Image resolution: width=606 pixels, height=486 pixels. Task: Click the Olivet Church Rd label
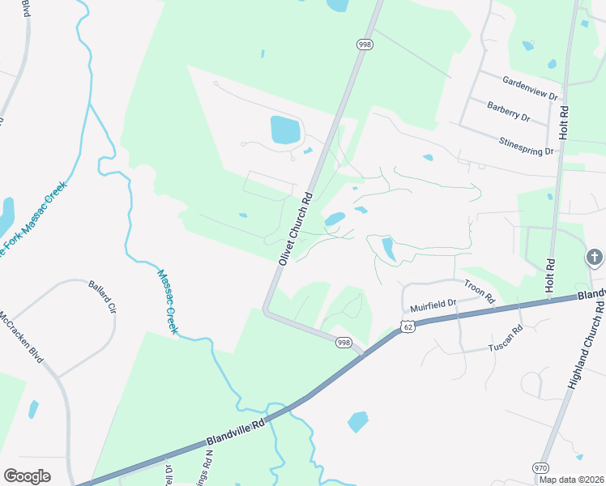(295, 228)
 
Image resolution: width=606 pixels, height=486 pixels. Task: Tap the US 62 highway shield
(407, 326)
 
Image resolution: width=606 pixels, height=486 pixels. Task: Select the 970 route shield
(540, 467)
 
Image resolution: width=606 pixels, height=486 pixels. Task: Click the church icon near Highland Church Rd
(594, 258)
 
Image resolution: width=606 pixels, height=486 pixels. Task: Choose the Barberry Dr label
(508, 111)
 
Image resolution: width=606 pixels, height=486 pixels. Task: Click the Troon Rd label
(479, 291)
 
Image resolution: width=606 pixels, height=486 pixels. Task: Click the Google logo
(27, 475)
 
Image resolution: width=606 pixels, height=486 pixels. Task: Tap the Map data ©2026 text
(570, 480)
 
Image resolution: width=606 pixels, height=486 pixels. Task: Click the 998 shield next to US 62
(344, 343)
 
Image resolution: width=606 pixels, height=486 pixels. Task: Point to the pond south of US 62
(357, 422)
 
